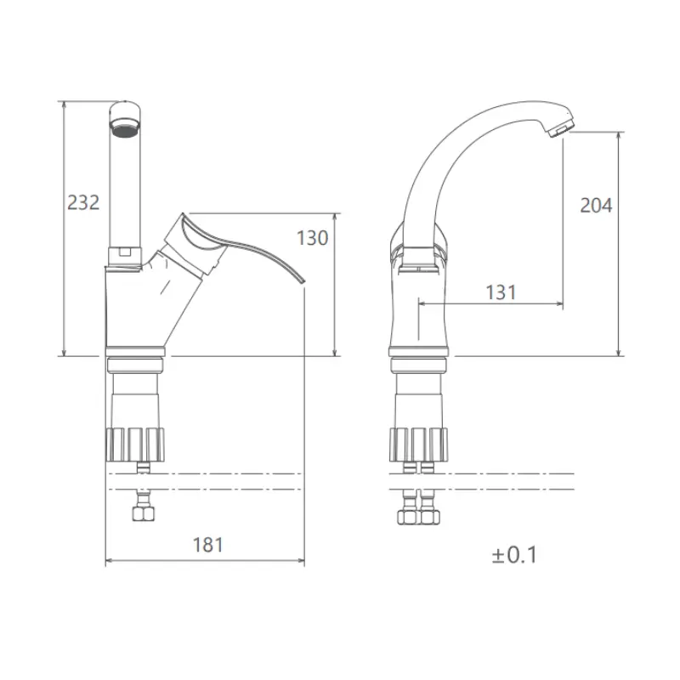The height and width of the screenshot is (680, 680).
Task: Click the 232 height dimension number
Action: tap(83, 202)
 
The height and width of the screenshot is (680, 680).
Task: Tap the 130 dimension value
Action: tap(312, 238)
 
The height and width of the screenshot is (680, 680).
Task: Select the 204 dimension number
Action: tap(597, 205)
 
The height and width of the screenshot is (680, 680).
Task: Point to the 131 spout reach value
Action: tap(501, 292)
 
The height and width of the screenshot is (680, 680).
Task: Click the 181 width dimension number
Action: tap(208, 545)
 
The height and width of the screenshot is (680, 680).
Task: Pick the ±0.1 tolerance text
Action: tap(514, 555)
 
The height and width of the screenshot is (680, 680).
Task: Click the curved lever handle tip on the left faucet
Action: tap(302, 281)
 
